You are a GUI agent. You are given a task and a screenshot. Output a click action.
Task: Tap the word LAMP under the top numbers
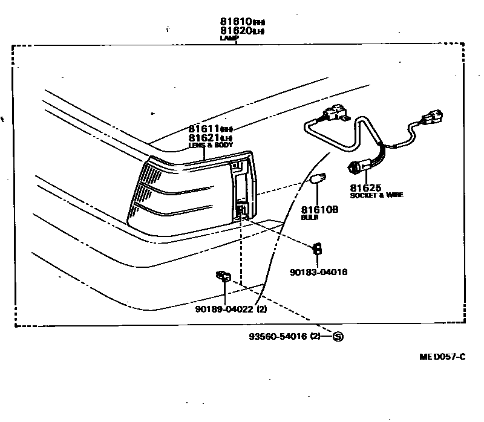pos(229,37)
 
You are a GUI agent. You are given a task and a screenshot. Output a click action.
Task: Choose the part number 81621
pos(204,138)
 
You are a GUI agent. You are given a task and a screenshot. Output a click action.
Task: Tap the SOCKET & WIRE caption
pos(376,195)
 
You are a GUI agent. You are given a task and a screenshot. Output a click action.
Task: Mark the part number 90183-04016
pos(319,272)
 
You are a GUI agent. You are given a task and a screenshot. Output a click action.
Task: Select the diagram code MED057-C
pos(442,356)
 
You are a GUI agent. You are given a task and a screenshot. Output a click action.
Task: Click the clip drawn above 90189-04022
pos(223,276)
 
